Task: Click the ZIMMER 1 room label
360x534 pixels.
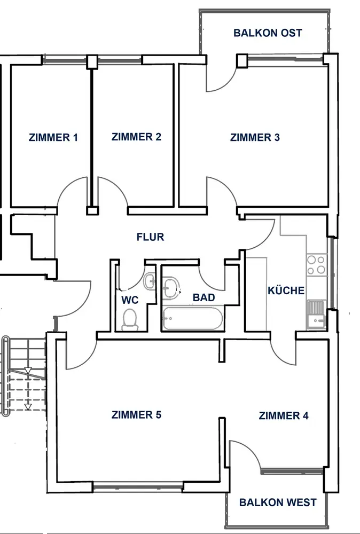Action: tap(53, 138)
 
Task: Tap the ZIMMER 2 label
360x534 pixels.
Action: tap(136, 137)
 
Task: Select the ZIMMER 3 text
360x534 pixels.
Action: tap(255, 138)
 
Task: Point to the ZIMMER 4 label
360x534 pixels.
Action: tap(284, 416)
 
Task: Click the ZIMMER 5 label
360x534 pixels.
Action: tap(136, 415)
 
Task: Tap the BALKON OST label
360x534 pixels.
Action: tap(268, 33)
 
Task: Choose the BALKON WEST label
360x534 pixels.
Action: tap(278, 502)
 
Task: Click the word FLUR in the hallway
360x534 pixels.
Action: tap(150, 237)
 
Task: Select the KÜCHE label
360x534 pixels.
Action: tap(286, 290)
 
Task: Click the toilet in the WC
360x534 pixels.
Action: tap(130, 319)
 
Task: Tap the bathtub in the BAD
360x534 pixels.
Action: tap(192, 318)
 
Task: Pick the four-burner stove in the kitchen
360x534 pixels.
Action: tap(316, 265)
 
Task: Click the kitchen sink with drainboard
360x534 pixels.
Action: tap(317, 315)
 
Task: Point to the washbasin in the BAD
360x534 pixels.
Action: tap(171, 287)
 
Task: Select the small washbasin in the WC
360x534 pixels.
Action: tap(150, 281)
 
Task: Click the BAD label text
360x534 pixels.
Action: tap(204, 297)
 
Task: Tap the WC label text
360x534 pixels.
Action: tap(130, 300)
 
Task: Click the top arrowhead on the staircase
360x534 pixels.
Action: tap(28, 371)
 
